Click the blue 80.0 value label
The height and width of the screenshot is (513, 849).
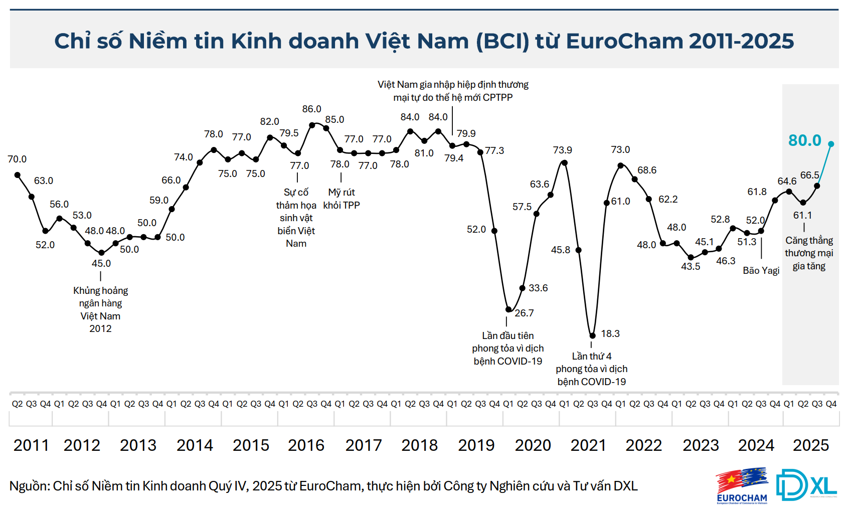(804, 140)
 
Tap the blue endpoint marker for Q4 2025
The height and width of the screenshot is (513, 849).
(831, 144)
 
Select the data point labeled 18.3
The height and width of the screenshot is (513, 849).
(592, 335)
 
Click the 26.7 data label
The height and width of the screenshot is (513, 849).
(524, 313)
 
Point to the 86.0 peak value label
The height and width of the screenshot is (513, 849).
(311, 109)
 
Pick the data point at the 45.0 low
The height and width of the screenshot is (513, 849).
(101, 253)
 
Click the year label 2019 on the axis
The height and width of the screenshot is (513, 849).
(476, 445)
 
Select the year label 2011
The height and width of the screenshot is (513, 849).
(31, 445)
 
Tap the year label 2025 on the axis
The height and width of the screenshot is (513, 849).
(810, 445)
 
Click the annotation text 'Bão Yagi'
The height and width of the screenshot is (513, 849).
(761, 270)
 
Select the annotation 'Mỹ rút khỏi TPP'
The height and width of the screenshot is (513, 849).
(341, 199)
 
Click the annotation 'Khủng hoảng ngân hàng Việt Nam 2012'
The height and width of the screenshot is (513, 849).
(100, 309)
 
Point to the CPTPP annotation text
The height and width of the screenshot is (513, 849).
(453, 91)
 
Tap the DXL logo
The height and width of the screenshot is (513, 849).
(806, 485)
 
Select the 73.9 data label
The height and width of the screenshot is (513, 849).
(562, 150)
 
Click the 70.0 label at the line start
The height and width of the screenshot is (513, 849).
(17, 159)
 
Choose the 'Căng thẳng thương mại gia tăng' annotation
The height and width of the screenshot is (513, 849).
(808, 253)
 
